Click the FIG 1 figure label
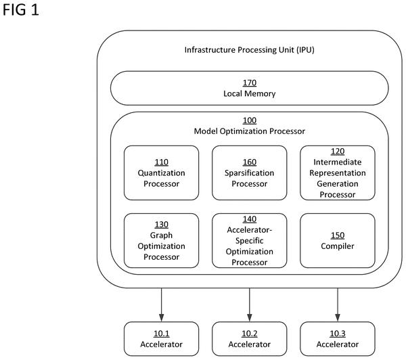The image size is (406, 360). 21,10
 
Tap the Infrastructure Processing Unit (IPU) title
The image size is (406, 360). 249,49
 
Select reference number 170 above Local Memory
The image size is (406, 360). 249,83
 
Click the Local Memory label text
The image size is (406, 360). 249,93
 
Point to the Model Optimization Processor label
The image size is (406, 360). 249,131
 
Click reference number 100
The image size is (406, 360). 249,120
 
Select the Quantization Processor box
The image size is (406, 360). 161,173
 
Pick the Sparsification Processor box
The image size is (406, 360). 249,173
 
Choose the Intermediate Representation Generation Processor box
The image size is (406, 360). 338,173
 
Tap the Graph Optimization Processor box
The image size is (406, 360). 161,241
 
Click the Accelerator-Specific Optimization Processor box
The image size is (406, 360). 249,241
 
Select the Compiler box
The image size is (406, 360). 338,241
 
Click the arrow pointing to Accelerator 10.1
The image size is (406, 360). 161,305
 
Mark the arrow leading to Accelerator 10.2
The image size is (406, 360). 249,305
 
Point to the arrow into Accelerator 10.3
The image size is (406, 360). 338,305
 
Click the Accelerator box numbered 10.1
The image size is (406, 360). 161,339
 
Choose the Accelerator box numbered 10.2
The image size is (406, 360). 249,339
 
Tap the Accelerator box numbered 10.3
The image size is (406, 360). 338,339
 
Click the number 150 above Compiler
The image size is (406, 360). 338,235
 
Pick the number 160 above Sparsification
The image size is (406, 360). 249,162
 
